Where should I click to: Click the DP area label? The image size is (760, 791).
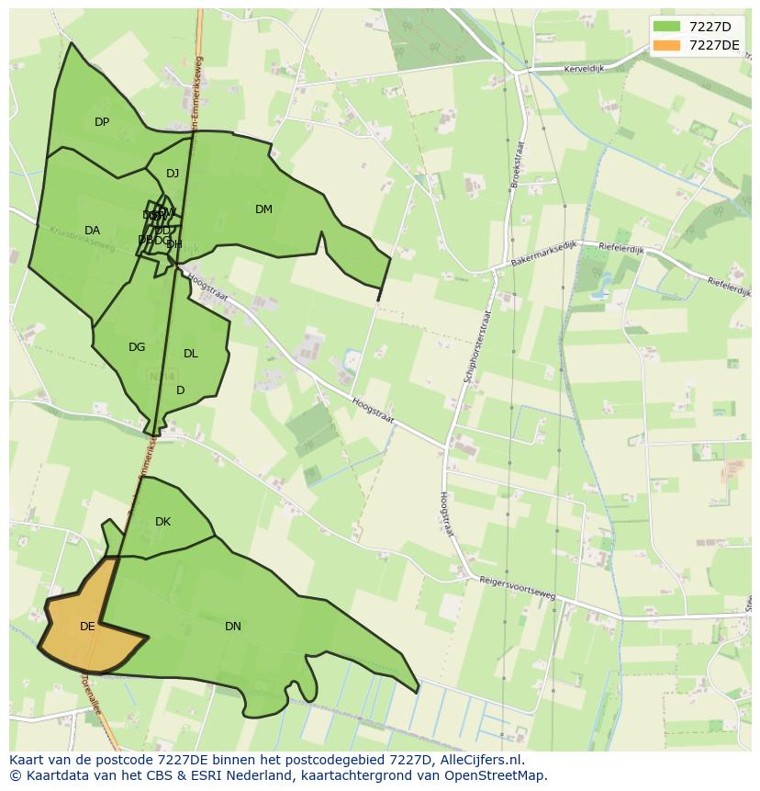pyautogui.click(x=102, y=122)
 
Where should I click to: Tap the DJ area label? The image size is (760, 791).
pyautogui.click(x=173, y=174)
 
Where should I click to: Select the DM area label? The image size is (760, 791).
pyautogui.click(x=263, y=209)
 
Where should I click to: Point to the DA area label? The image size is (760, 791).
pyautogui.click(x=92, y=231)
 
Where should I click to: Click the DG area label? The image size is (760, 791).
pyautogui.click(x=137, y=347)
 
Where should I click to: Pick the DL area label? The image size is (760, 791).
pyautogui.click(x=190, y=354)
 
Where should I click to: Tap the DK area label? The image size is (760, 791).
pyautogui.click(x=162, y=522)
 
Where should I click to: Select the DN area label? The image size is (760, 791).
pyautogui.click(x=233, y=627)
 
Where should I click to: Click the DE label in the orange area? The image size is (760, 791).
pyautogui.click(x=87, y=627)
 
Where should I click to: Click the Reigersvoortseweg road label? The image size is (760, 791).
pyautogui.click(x=517, y=588)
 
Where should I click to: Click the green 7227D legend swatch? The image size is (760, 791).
pyautogui.click(x=666, y=27)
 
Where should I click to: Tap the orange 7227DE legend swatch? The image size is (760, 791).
pyautogui.click(x=666, y=45)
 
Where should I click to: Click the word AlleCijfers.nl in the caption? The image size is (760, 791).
pyautogui.click(x=478, y=760)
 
